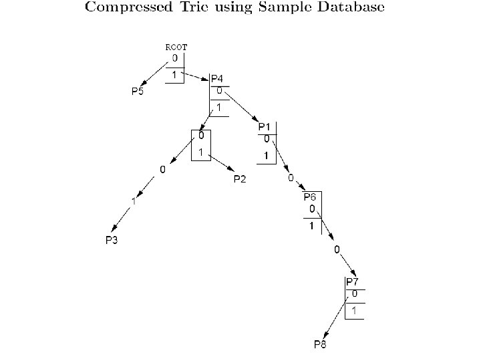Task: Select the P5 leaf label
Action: [x=137, y=92]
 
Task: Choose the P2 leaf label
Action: [x=240, y=178]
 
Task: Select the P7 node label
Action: [x=353, y=282]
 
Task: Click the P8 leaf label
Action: [x=321, y=344]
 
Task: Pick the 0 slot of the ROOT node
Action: [x=174, y=58]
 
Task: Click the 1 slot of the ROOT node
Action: [x=174, y=75]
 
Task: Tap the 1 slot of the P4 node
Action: [x=219, y=107]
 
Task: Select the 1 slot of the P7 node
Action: [x=355, y=310]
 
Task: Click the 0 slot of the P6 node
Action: [x=312, y=209]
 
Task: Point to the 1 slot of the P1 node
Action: [x=266, y=156]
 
